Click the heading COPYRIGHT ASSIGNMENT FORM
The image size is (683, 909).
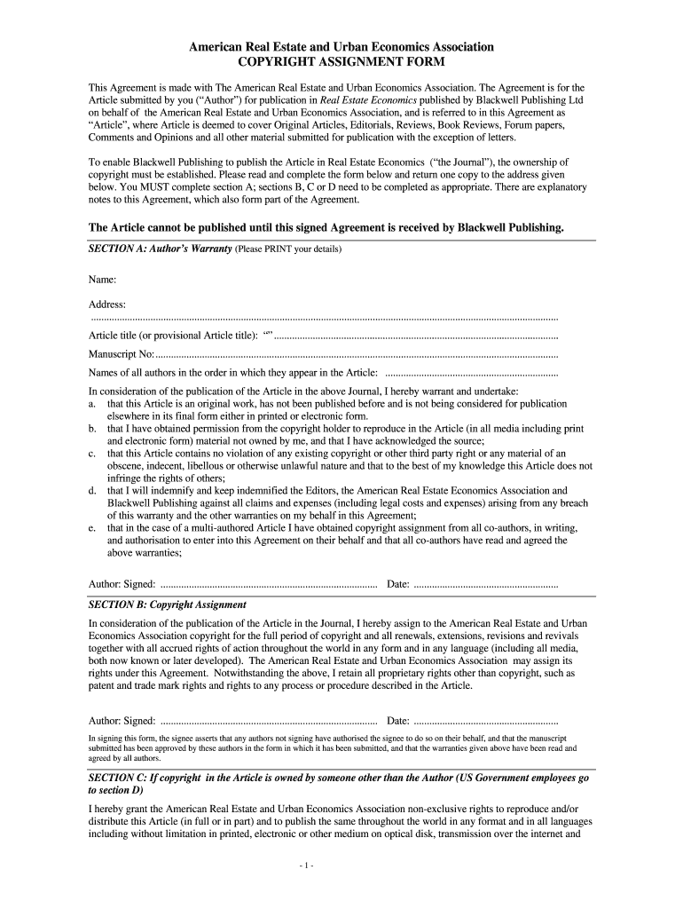click(x=341, y=62)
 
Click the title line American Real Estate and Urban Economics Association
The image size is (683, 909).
click(x=341, y=46)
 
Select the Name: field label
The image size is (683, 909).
click(x=103, y=280)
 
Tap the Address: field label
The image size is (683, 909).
click(x=107, y=304)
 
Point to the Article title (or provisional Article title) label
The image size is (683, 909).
click(x=173, y=336)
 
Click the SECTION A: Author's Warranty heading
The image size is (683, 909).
click(x=160, y=249)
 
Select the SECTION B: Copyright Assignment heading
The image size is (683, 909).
click(x=168, y=604)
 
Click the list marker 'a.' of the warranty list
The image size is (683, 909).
click(x=92, y=404)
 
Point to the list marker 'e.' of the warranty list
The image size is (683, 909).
click(x=92, y=527)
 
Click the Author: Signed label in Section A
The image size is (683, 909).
click(x=122, y=584)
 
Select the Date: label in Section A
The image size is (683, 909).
click(x=398, y=584)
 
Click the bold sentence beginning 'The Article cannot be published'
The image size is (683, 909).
click(x=326, y=227)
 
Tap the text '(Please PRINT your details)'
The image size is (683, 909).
click(x=288, y=249)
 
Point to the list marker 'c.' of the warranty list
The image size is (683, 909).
click(x=92, y=453)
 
